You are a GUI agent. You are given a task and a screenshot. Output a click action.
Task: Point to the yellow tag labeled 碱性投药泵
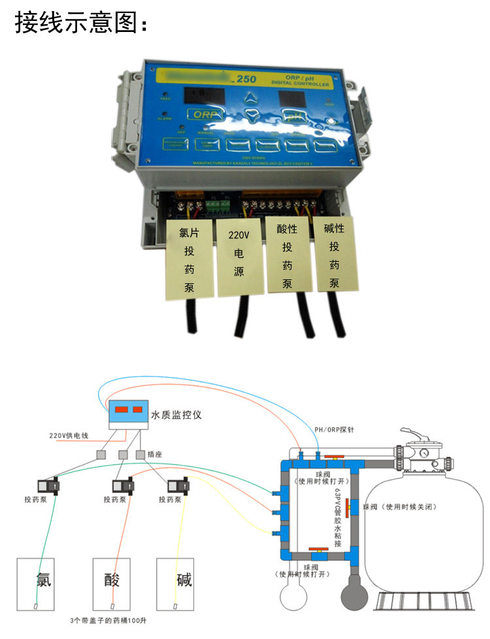pyautogui.click(x=334, y=254)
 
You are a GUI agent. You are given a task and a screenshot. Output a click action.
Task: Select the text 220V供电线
pyautogui.click(x=71, y=435)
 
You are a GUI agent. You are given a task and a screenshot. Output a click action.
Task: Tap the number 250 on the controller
pyautogui.click(x=246, y=80)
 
